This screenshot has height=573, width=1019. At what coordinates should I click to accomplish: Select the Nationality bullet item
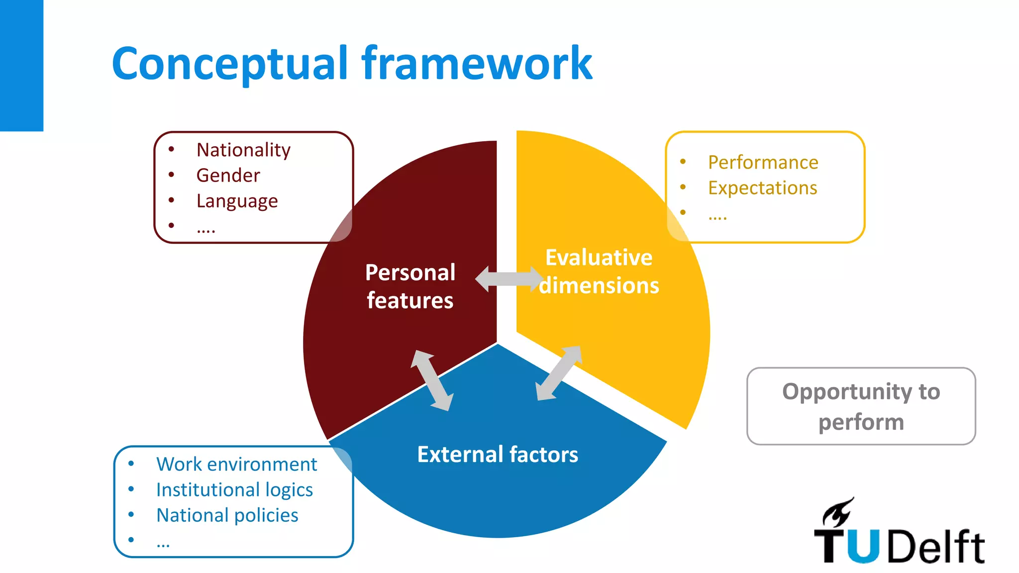[243, 150]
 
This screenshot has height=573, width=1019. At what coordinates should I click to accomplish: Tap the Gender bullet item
[228, 175]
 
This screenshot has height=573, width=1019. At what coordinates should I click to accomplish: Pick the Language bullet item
[237, 201]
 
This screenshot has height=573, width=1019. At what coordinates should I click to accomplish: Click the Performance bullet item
[763, 162]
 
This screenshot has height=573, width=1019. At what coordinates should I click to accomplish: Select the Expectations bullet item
[762, 188]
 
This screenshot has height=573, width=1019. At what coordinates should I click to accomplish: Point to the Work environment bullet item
[236, 464]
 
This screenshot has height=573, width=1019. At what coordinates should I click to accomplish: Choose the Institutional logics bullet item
[234, 490]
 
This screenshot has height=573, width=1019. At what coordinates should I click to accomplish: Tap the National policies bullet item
[227, 515]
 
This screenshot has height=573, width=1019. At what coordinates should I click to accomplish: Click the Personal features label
[410, 286]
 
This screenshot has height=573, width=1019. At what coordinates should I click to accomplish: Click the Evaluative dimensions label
[599, 272]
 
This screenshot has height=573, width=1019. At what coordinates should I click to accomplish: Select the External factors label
[498, 455]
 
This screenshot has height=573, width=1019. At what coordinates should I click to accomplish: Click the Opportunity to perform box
[861, 406]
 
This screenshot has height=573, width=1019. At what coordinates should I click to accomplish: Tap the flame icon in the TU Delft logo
[838, 512]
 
